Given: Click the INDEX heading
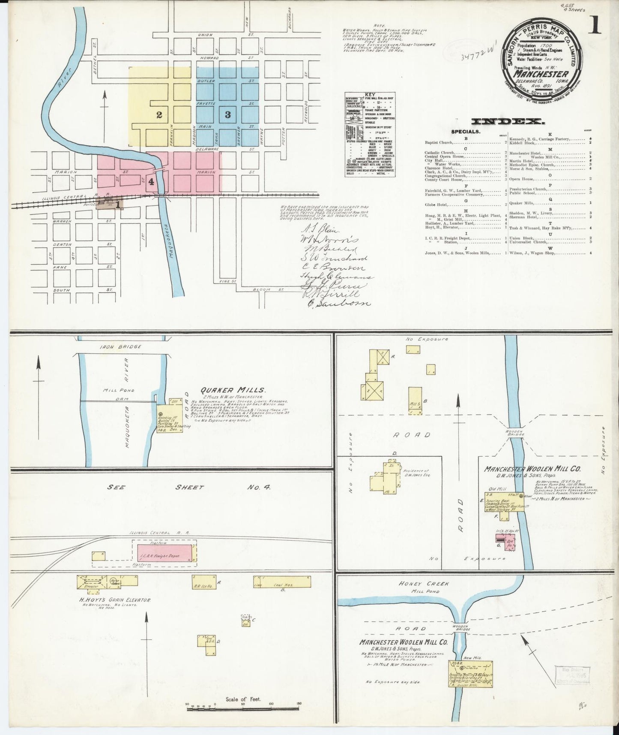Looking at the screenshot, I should click(508, 121).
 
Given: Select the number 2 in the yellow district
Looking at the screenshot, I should click(159, 114).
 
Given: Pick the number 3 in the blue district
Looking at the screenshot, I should click(227, 114).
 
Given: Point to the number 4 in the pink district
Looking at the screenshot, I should click(151, 181).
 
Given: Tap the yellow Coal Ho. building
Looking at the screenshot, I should click(282, 582).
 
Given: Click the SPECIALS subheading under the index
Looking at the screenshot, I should click(465, 132).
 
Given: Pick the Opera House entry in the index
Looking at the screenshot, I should click(521, 179).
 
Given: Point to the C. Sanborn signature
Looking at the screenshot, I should click(338, 303).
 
